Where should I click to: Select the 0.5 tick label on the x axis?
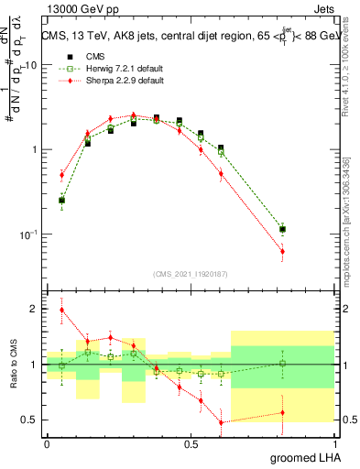tap(191, 442)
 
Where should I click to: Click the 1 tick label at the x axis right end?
tap(334, 442)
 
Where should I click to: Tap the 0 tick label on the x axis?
tap(47, 442)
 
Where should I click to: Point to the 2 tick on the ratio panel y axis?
tap(35, 309)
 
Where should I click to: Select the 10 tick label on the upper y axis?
tap(31, 65)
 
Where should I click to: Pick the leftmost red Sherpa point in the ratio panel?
tap(61, 310)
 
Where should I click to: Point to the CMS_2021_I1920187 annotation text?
tap(190, 273)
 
